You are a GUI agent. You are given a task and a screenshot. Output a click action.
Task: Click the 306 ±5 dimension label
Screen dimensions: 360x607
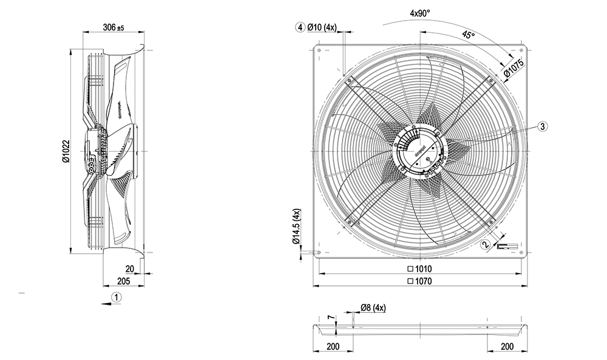(113, 27)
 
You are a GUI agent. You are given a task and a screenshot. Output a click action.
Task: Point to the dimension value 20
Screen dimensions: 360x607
(129, 268)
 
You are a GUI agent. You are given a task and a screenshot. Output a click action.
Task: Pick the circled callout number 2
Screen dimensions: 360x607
(485, 245)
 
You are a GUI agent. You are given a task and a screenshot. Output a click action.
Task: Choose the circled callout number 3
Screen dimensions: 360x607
(543, 126)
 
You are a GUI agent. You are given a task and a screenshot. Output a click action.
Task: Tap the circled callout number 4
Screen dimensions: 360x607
(300, 27)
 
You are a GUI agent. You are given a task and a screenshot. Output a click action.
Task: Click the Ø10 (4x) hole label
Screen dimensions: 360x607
(326, 27)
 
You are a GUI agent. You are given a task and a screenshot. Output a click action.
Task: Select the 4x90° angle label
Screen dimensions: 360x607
(419, 13)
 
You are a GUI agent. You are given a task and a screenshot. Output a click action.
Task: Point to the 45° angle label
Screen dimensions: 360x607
(468, 35)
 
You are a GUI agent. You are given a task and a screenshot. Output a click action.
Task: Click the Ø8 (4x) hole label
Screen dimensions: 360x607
(373, 308)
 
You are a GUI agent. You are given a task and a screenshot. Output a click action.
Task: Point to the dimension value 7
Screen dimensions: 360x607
(330, 318)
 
